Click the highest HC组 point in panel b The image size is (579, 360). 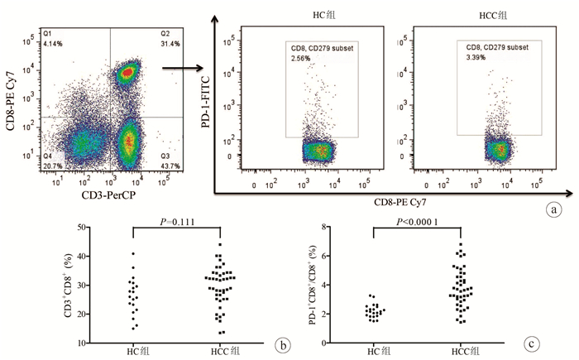pos(132,253)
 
